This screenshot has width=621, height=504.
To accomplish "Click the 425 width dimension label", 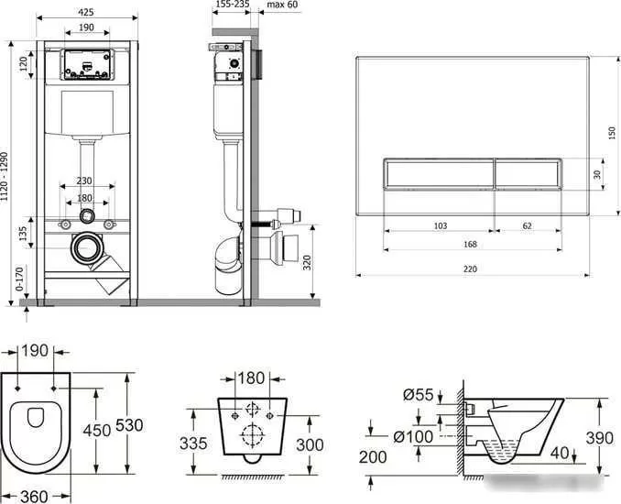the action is tap(86, 12).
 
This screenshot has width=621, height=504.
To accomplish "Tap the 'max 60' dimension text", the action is tap(282, 5).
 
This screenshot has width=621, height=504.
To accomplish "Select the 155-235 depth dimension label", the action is tap(233, 5).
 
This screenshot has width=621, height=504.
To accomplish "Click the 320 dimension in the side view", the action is tap(307, 263).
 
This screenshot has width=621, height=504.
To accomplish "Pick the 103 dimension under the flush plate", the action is tap(441, 225).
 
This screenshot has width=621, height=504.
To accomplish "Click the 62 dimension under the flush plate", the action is tap(527, 225).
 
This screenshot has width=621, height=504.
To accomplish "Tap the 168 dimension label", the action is tap(470, 244).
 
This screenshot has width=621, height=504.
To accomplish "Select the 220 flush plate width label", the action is tap(470, 269).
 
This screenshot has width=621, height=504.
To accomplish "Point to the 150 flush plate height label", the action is tap(612, 133).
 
